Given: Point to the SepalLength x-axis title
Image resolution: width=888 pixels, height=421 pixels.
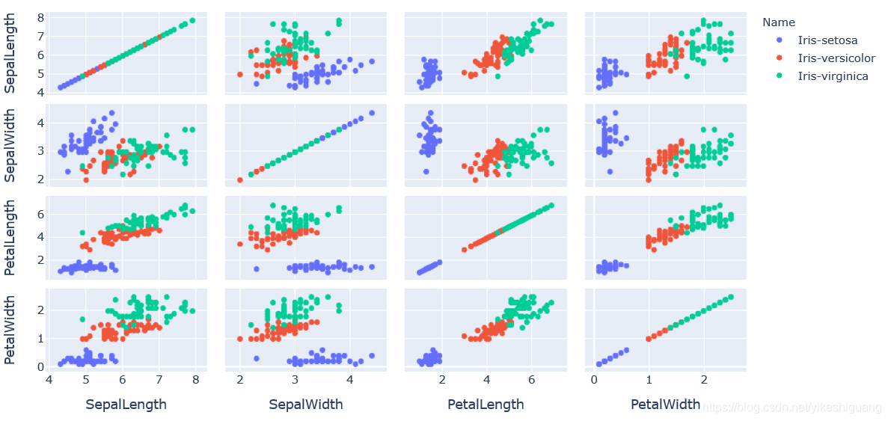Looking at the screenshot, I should (126, 405).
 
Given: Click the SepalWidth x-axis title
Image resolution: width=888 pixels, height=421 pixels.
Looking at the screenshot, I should (305, 405).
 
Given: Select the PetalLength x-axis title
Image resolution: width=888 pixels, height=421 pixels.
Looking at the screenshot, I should (486, 405).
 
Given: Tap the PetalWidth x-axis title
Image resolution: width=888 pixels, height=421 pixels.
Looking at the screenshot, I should (665, 405).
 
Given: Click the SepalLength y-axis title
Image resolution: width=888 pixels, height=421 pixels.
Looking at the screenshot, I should (11, 55).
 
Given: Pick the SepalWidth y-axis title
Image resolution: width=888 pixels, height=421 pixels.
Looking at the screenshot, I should (11, 147).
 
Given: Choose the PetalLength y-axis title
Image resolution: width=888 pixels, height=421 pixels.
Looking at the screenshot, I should (11, 239).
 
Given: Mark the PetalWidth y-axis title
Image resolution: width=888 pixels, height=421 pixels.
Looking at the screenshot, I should (11, 330).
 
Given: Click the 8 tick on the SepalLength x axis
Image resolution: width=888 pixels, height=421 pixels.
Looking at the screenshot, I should (195, 380).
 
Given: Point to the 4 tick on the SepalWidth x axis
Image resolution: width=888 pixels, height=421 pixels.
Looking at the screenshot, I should (350, 380).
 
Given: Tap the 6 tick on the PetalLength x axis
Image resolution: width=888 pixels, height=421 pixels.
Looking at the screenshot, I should (531, 380).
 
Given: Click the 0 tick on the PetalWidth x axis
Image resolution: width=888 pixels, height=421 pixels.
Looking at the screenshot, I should (594, 380).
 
